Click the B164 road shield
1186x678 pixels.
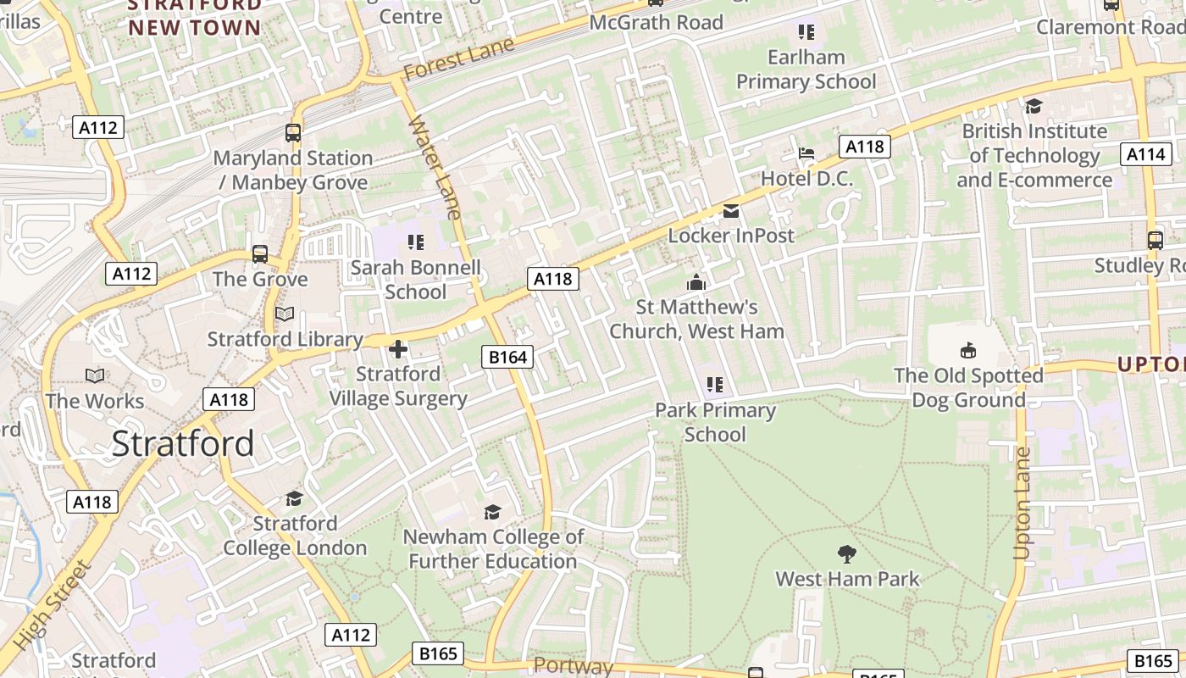pyautogui.click(x=508, y=357)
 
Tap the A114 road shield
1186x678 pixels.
pyautogui.click(x=1145, y=153)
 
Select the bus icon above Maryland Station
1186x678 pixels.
pyautogui.click(x=293, y=133)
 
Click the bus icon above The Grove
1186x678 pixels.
pyautogui.click(x=260, y=253)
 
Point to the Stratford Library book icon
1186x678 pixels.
pyautogui.click(x=285, y=314)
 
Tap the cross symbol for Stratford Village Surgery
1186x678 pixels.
pyautogui.click(x=398, y=348)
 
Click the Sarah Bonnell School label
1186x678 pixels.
pyautogui.click(x=415, y=280)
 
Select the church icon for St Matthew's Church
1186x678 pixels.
pyautogui.click(x=696, y=282)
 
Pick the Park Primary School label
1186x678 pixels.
pyautogui.click(x=716, y=422)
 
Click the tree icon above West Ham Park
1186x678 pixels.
pyautogui.click(x=846, y=554)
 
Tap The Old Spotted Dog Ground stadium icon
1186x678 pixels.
pyautogui.click(x=968, y=350)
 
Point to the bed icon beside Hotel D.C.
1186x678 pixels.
pyautogui.click(x=806, y=153)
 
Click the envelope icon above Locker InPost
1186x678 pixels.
pyautogui.click(x=730, y=211)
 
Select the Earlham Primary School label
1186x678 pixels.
pyautogui.click(x=806, y=69)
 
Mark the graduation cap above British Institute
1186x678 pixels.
pyautogui.click(x=1034, y=106)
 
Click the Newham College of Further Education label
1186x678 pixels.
pyautogui.click(x=493, y=549)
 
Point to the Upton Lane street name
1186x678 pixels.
pyautogui.click(x=1023, y=503)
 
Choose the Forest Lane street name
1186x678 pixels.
pyautogui.click(x=458, y=59)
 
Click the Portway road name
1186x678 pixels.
pyautogui.click(x=574, y=665)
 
